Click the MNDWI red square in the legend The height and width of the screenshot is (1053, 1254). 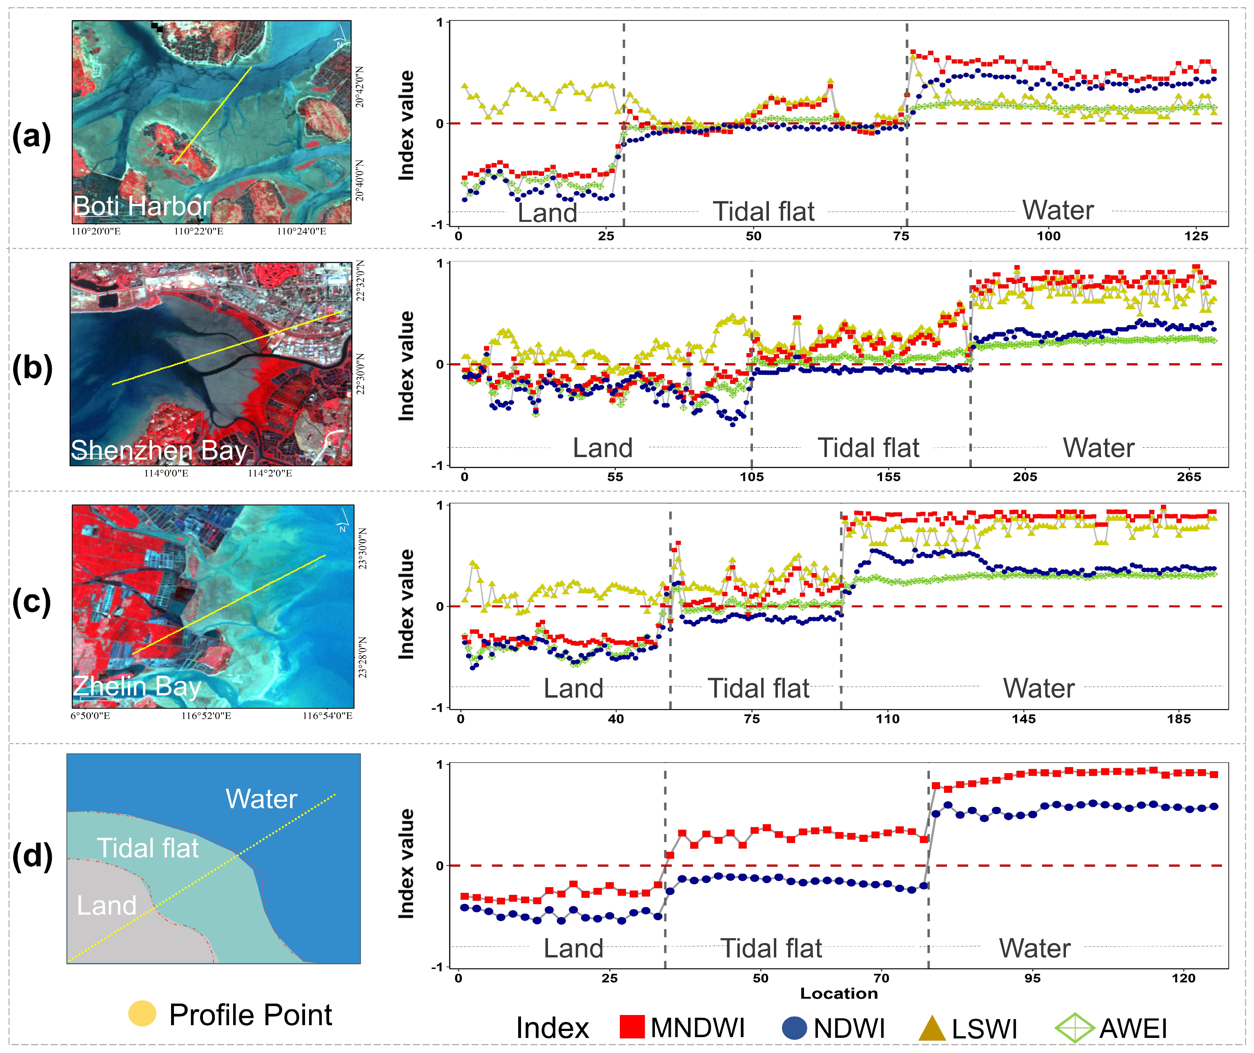[x=632, y=1027]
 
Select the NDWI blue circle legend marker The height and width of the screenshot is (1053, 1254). [x=794, y=1027]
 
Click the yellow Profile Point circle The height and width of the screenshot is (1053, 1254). [x=142, y=1013]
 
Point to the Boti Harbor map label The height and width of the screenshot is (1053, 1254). [x=142, y=206]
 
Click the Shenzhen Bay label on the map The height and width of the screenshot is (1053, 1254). [x=159, y=450]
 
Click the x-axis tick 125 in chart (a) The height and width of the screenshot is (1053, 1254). [x=1196, y=236]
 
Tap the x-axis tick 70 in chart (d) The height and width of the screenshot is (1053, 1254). [x=881, y=978]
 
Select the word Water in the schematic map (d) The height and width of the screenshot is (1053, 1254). [x=261, y=799]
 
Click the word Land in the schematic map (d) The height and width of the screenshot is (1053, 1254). [x=107, y=906]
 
